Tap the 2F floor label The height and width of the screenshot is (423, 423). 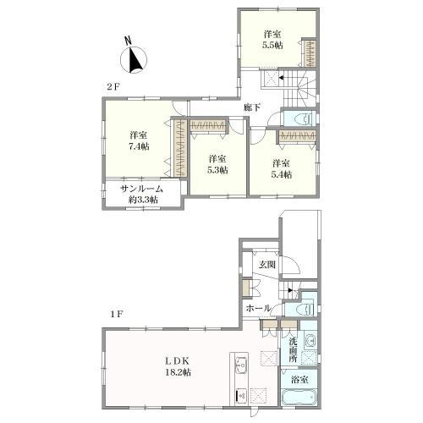(x=113, y=87)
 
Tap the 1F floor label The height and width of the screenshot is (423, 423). (x=117, y=314)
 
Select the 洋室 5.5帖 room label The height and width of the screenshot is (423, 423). (x=272, y=40)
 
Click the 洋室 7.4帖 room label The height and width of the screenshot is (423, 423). (x=139, y=140)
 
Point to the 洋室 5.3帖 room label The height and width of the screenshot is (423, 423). (x=217, y=164)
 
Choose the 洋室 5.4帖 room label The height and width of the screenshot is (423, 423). (x=281, y=168)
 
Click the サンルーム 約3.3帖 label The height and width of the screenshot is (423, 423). (x=142, y=194)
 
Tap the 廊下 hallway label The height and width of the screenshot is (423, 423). (x=252, y=107)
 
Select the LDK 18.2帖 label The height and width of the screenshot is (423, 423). (x=178, y=366)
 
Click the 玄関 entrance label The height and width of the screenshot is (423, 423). (x=267, y=265)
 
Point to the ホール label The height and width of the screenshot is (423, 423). (x=258, y=308)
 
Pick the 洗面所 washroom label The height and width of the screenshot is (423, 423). (x=293, y=350)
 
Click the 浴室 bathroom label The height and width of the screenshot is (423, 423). (x=299, y=380)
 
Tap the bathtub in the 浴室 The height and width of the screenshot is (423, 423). (x=299, y=398)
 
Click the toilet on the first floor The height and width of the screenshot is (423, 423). (x=305, y=309)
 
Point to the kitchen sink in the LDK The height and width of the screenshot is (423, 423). (x=241, y=365)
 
